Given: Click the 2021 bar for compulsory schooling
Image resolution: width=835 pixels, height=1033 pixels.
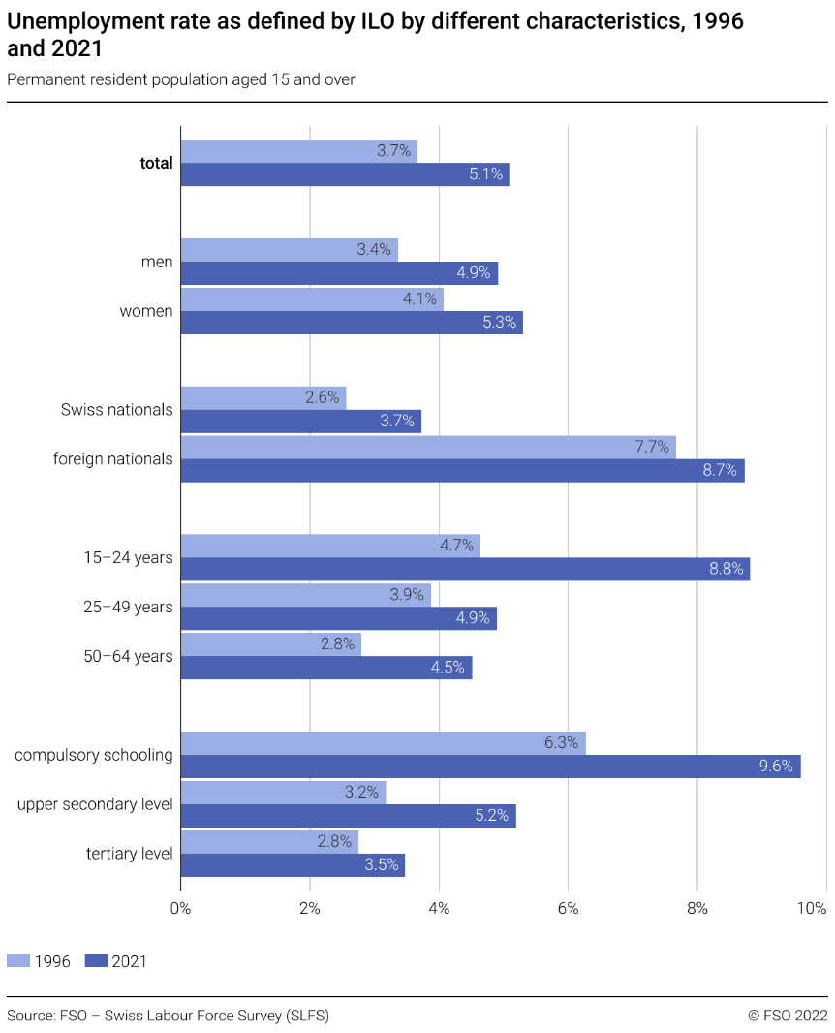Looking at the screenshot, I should point(490,767).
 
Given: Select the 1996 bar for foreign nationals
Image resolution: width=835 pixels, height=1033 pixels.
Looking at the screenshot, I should point(427,447).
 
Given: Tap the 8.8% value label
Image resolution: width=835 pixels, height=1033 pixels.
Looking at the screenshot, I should point(726,570).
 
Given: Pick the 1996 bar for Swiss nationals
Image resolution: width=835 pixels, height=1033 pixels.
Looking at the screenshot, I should point(263,397).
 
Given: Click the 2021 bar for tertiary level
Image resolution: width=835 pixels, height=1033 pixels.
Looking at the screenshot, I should point(293,865).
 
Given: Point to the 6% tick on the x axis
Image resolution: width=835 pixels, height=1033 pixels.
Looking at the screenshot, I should point(569,909).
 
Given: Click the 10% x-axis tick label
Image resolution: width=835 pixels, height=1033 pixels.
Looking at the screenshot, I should point(811,909).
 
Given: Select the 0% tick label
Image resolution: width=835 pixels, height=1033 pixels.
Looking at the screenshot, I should point(180,909).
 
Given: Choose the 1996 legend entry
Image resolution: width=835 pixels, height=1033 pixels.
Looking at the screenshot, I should point(39,961).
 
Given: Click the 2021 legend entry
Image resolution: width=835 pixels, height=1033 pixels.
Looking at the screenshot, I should point(116,961).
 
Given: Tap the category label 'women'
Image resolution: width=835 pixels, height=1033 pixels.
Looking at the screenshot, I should point(146,311).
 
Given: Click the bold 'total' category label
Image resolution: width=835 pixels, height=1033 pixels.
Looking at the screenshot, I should point(156,164).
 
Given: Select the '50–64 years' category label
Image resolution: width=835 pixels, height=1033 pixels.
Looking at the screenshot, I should point(129,656).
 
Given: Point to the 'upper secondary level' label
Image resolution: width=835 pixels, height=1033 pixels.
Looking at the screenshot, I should point(95,804).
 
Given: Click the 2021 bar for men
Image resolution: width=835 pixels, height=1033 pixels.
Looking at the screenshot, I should point(339,273).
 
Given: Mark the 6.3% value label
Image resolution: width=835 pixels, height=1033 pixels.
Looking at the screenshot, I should point(561,743).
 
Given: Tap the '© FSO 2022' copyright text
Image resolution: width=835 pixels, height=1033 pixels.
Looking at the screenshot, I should point(788,1016).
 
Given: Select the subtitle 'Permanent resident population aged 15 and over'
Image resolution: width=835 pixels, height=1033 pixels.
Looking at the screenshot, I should point(181,79).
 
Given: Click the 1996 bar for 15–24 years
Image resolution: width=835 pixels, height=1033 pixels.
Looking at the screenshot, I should point(329,546).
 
